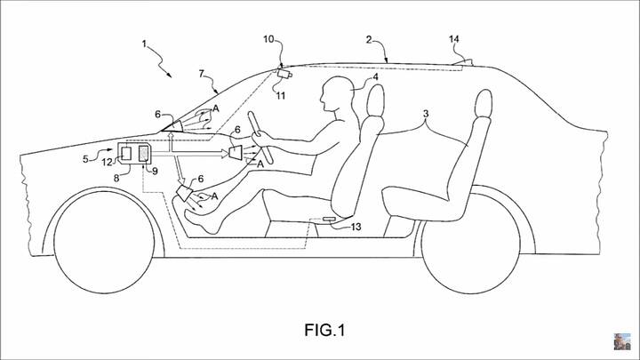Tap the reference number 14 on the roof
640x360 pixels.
(455, 39)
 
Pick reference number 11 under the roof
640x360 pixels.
(281, 94)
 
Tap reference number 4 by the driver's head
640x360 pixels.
(377, 78)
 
